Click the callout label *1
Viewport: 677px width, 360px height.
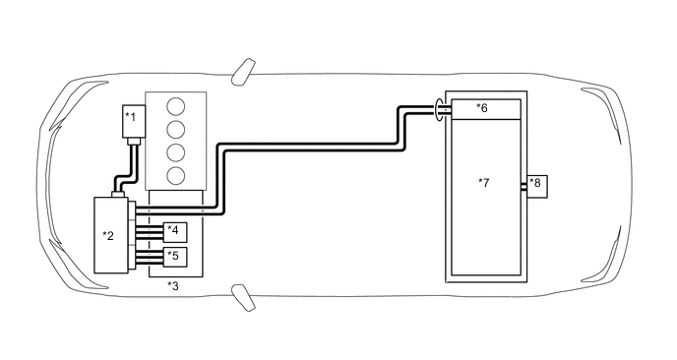tap(129, 117)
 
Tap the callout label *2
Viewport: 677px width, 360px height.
tap(108, 235)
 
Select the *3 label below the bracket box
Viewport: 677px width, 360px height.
tap(173, 285)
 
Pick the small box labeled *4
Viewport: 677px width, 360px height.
tap(174, 232)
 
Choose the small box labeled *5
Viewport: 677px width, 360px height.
tap(174, 258)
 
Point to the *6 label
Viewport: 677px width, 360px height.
tap(481, 108)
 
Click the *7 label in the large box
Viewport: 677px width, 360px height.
tap(483, 183)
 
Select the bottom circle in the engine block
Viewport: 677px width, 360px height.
tap(176, 176)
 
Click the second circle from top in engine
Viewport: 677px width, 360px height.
tap(176, 130)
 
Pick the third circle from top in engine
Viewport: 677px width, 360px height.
tap(176, 153)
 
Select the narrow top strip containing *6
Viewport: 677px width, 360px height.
tap(484, 108)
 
